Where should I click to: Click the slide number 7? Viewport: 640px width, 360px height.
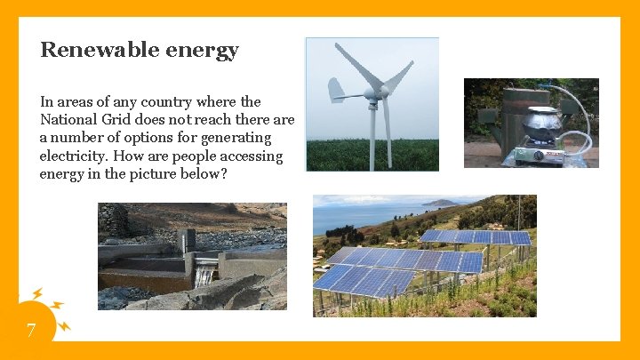point(31,332)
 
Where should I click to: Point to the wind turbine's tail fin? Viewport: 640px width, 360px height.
point(335,89)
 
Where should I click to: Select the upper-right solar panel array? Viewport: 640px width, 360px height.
point(476,236)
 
